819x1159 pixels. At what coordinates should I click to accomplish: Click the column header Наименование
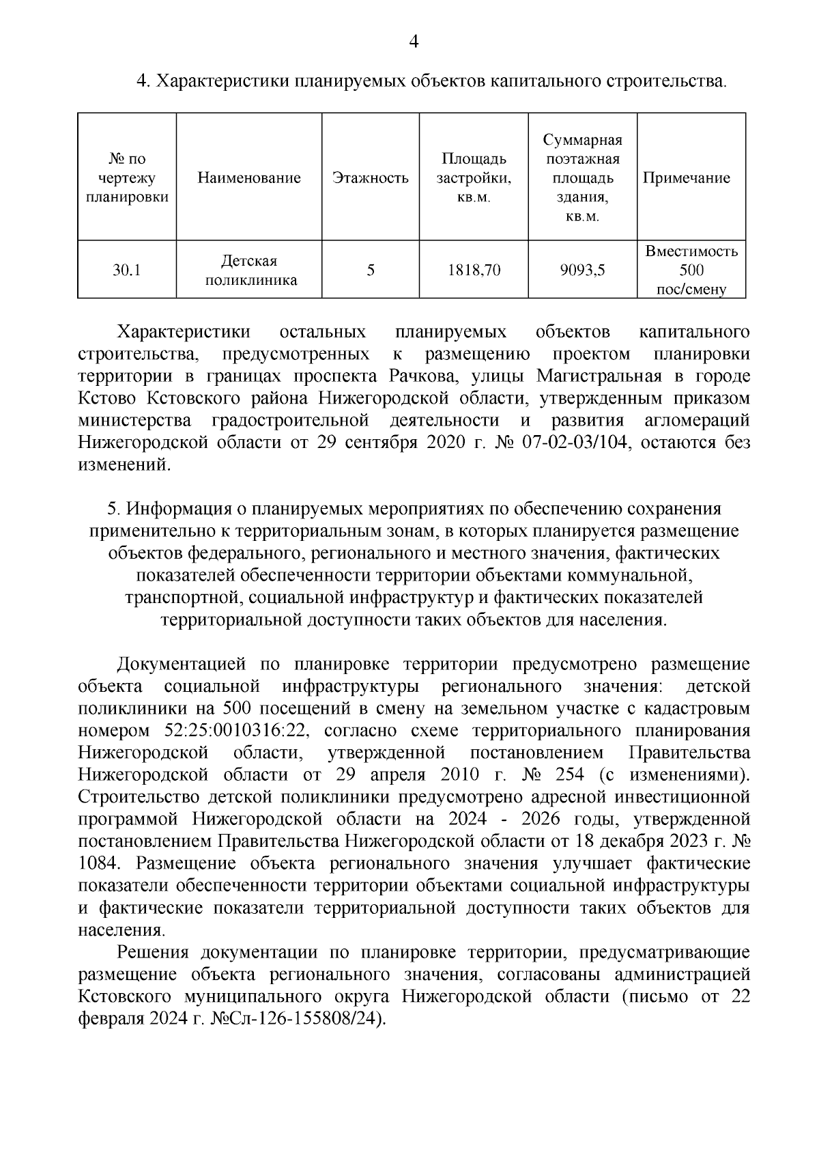click(249, 178)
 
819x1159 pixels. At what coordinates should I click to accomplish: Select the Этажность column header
click(371, 178)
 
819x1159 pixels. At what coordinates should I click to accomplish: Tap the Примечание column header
click(690, 178)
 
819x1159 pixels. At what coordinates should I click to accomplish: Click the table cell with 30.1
click(126, 270)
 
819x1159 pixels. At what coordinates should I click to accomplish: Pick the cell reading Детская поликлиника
click(249, 270)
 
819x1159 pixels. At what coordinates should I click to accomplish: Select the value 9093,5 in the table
click(582, 270)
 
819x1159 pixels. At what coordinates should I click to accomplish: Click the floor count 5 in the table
click(371, 270)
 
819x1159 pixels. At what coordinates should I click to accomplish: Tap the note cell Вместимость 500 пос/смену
click(691, 270)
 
